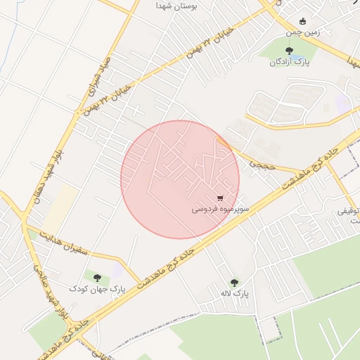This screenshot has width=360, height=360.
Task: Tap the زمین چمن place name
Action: tap(302, 32)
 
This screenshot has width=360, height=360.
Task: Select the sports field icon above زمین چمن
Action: tap(302, 21)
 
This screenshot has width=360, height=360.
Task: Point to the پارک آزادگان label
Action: tap(288, 62)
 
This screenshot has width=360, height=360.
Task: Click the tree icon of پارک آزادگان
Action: tap(289, 50)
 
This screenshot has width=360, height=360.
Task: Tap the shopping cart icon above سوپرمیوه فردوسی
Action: tap(221, 198)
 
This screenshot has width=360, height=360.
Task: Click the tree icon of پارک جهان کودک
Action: tap(97, 278)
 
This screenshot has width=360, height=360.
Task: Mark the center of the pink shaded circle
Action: tap(180, 179)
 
